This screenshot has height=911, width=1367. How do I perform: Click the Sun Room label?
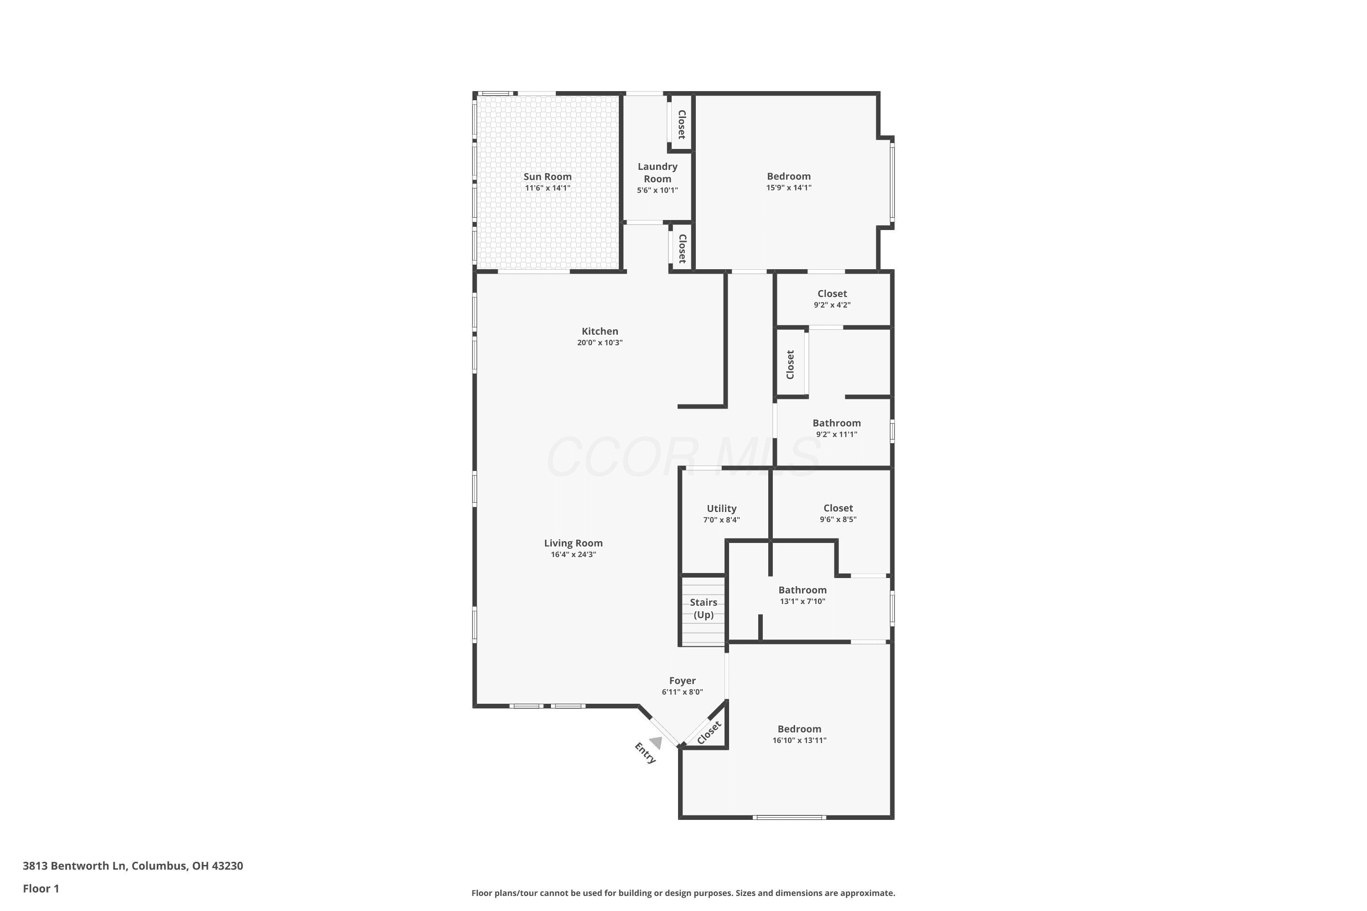(x=548, y=177)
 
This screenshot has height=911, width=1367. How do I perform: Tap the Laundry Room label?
(x=658, y=173)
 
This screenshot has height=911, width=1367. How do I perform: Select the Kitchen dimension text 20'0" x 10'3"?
(x=600, y=343)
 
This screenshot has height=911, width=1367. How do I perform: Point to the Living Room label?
(x=573, y=543)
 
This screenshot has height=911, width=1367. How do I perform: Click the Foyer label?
(x=682, y=681)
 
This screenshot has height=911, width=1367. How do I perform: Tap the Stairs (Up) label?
(x=703, y=608)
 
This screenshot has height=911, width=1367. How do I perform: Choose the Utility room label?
(x=721, y=509)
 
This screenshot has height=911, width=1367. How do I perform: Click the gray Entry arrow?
(x=656, y=742)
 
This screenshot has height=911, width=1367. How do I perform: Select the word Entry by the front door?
(x=645, y=753)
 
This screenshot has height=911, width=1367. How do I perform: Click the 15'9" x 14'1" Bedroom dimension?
(x=789, y=188)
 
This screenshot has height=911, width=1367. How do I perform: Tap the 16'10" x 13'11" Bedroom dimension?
(x=799, y=740)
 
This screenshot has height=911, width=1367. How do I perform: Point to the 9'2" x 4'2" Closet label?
(x=833, y=294)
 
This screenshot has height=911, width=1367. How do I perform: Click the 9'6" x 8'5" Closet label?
(x=838, y=508)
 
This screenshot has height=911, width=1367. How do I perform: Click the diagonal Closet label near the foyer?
(x=709, y=732)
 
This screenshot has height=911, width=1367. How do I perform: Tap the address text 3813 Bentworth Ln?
(x=74, y=866)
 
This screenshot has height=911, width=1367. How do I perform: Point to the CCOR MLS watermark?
(x=683, y=457)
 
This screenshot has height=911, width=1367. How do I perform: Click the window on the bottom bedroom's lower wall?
(x=789, y=818)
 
